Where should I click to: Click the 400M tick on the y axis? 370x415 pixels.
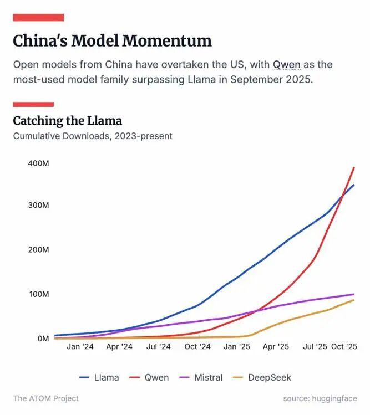[38, 163]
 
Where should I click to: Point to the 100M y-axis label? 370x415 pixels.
[38, 294]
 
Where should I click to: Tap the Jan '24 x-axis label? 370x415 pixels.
[80, 347]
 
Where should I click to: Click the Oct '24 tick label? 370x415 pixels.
[197, 347]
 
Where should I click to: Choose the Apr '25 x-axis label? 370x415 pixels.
[276, 347]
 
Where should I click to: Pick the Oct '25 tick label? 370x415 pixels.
[344, 347]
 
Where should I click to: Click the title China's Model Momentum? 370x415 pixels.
[112, 41]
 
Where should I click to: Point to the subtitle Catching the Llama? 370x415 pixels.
[67, 121]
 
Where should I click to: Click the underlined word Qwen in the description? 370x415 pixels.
[286, 65]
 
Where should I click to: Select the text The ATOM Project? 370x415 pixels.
[46, 398]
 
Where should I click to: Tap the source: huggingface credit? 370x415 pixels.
[320, 398]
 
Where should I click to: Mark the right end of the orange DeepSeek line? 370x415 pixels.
[354, 300]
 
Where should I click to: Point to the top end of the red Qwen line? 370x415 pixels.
[354, 167]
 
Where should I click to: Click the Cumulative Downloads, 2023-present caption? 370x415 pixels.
[93, 136]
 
